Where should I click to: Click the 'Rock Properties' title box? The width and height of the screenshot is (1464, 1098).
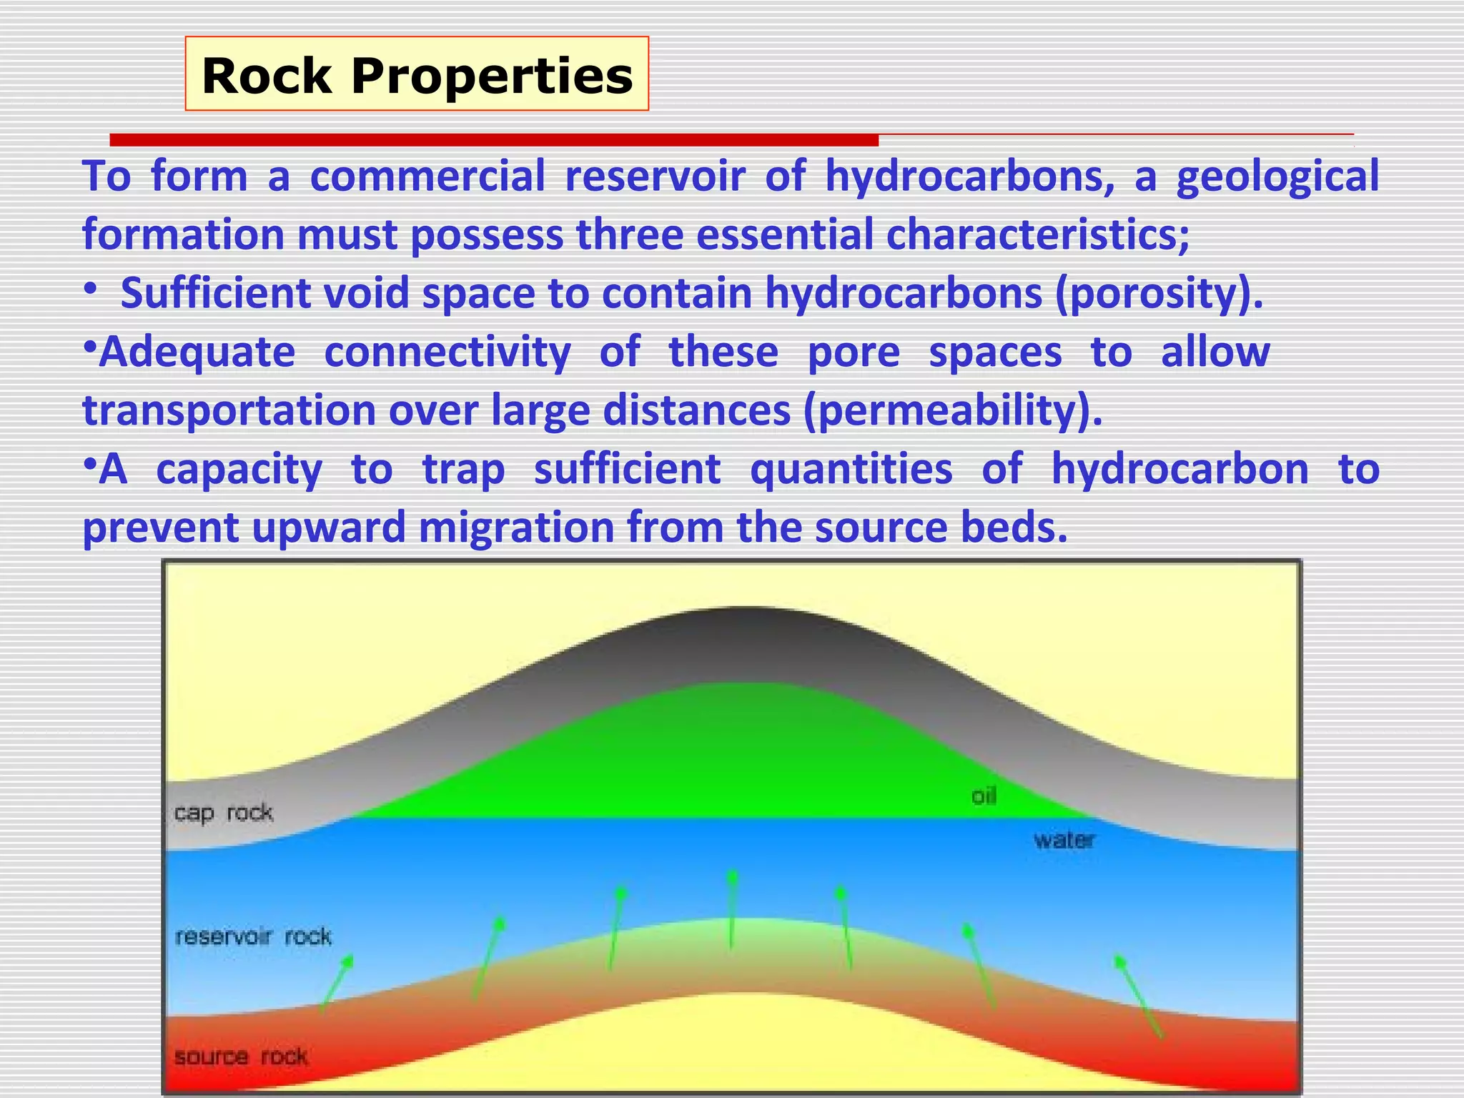point(417,74)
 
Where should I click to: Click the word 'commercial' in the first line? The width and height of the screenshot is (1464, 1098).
point(427,176)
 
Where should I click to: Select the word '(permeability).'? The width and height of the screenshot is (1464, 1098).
point(953,410)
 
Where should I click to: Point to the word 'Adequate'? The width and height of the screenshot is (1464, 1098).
point(197,352)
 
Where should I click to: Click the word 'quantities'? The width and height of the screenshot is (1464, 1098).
point(851,469)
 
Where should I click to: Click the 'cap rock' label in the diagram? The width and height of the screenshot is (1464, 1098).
point(223,813)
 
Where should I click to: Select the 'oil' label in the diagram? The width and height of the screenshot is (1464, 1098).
point(984,796)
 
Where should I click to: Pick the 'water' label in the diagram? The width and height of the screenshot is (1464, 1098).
point(1064,840)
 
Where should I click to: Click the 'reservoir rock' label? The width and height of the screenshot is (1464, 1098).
point(253,936)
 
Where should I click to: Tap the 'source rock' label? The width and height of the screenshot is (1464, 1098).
point(241,1056)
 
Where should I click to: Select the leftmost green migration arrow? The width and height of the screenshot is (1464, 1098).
point(335,984)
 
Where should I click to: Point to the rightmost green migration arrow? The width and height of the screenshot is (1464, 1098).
point(1139,996)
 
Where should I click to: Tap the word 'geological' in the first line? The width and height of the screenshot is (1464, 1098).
point(1277,176)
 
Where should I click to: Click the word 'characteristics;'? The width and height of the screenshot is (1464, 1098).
point(1038,234)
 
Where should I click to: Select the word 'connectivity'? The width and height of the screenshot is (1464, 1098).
point(447,352)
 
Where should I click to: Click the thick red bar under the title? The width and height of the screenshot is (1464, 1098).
point(493,139)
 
